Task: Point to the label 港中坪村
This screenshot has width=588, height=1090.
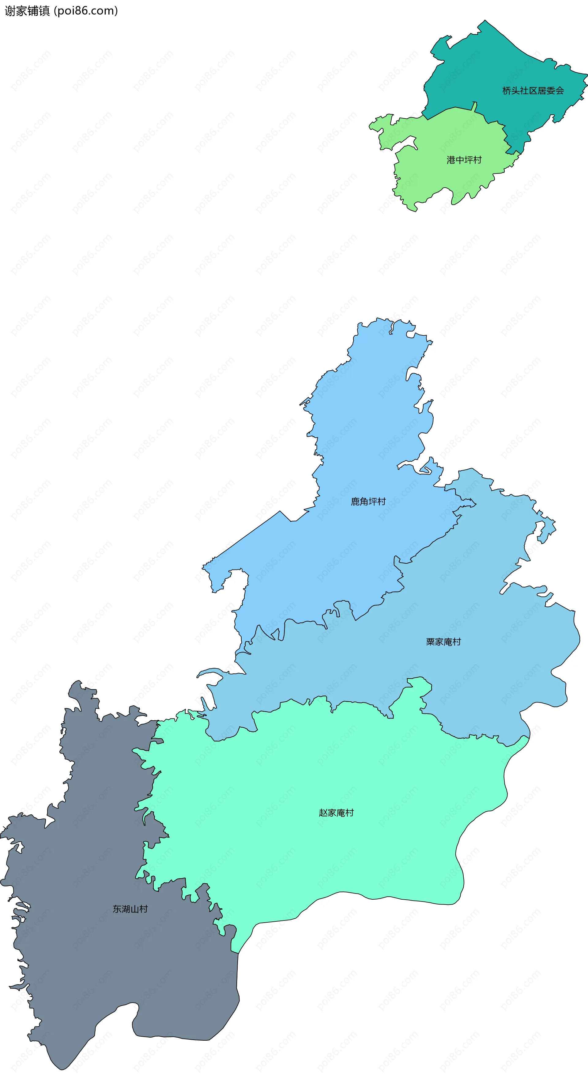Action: pyautogui.click(x=464, y=160)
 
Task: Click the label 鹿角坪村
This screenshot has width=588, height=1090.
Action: pyautogui.click(x=368, y=501)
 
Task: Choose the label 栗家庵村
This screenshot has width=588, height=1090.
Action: pyautogui.click(x=443, y=642)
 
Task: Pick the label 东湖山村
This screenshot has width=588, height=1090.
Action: pyautogui.click(x=130, y=909)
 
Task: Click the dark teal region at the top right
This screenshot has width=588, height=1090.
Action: pyautogui.click(x=499, y=63)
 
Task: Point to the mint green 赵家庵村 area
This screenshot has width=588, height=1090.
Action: pyautogui.click(x=338, y=846)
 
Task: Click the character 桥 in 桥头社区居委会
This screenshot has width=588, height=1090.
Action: pyautogui.click(x=507, y=90)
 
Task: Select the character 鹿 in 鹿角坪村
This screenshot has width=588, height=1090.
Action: pyautogui.click(x=355, y=501)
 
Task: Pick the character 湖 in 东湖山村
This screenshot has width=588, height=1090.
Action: pyautogui.click(x=126, y=909)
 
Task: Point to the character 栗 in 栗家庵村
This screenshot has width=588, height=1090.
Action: pyautogui.click(x=430, y=642)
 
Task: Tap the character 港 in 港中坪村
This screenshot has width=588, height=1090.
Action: pyautogui.click(x=451, y=160)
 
